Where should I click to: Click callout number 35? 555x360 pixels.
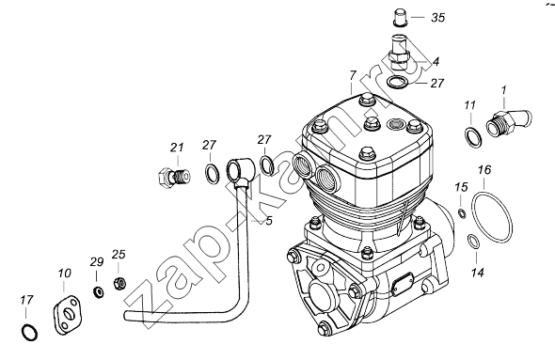point(437,17)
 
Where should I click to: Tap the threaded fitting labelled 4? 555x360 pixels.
point(400,52)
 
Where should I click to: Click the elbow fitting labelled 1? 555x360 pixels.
point(509,122)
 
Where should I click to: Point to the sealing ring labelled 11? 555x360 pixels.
point(473,137)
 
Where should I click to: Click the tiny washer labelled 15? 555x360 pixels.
point(462,213)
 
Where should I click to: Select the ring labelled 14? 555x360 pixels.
point(473,242)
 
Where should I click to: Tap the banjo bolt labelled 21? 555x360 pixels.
point(173,176)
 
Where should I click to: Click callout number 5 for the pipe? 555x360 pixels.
point(269,221)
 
